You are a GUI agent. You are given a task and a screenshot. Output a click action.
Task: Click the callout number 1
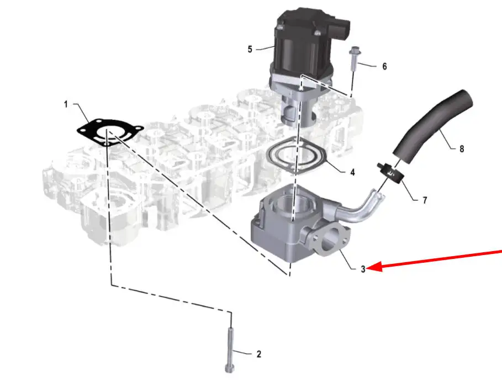point(66,104)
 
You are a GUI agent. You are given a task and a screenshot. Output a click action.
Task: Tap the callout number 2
point(258,354)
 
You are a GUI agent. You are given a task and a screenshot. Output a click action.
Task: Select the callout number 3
point(363,269)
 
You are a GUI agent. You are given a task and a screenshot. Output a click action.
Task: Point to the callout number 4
point(352,172)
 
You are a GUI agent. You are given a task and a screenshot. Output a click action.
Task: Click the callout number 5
point(250,49)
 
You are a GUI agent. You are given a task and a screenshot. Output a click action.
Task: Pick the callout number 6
point(384,66)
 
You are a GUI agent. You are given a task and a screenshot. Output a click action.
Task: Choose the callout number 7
point(425,200)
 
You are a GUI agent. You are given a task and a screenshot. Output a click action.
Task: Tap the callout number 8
point(462,148)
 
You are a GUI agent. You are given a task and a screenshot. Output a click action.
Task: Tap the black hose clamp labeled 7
point(390,173)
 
